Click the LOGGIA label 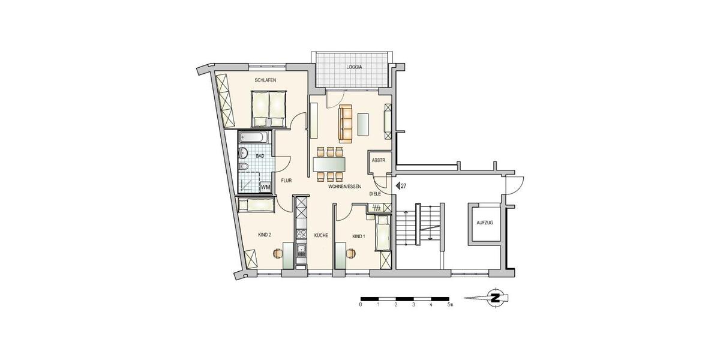point(354,67)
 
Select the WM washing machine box point(265,188)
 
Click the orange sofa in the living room point(345,119)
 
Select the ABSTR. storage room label point(379,160)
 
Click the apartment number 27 point(404,186)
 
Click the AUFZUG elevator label point(484,223)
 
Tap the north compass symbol point(496,298)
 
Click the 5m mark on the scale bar point(449,305)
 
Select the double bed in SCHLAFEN point(268,107)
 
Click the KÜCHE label point(320,236)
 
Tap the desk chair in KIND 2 point(278,253)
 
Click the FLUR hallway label point(286,179)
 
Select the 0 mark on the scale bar point(361,305)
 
